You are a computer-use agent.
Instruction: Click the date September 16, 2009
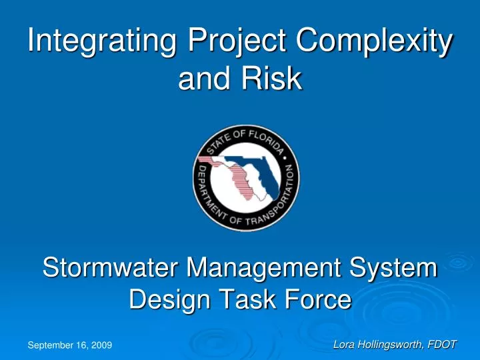pos(69,345)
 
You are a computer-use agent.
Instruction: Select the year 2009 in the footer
pos(102,345)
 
